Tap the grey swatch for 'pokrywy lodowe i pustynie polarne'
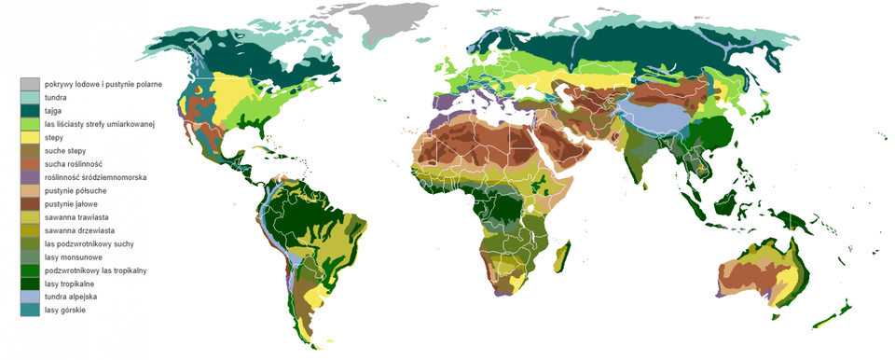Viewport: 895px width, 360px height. click(30, 84)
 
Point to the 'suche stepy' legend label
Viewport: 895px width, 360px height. click(66, 150)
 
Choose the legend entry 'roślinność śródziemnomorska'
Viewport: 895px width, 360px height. click(97, 176)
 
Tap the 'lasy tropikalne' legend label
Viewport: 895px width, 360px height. click(70, 283)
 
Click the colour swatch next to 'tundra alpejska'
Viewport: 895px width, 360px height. click(30, 297)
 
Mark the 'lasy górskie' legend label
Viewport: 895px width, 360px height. click(64, 310)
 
